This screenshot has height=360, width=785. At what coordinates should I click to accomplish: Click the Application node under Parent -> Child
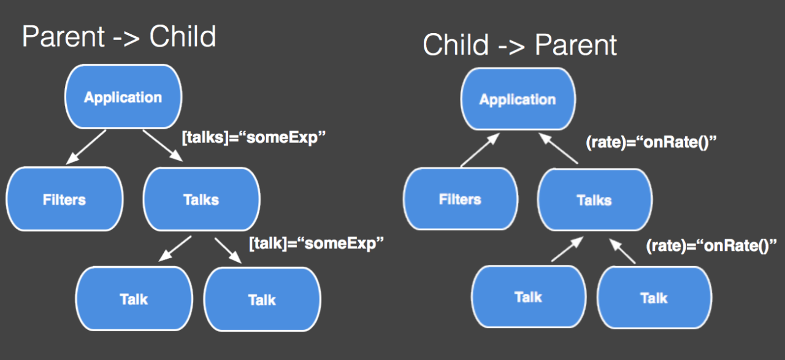click(123, 97)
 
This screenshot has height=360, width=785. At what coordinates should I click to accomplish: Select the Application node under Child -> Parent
click(518, 99)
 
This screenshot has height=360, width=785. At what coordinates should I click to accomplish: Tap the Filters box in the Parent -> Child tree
click(64, 199)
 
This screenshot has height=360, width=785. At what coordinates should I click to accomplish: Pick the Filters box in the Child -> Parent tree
click(460, 199)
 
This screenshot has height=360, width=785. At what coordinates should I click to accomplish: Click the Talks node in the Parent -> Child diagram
click(201, 199)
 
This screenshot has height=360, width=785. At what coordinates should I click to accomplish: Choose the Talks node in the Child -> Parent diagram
click(594, 200)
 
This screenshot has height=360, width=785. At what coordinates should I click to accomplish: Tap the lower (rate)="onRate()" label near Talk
click(711, 245)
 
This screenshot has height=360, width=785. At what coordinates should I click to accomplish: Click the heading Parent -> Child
click(119, 37)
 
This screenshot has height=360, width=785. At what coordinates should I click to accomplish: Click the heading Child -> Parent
click(519, 45)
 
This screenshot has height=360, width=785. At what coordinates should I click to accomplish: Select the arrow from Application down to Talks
click(163, 145)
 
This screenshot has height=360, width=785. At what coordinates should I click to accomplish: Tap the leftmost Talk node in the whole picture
click(134, 299)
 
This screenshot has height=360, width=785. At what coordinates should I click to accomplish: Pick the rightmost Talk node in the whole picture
click(654, 298)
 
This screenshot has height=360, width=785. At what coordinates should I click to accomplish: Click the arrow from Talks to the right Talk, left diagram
click(228, 251)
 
